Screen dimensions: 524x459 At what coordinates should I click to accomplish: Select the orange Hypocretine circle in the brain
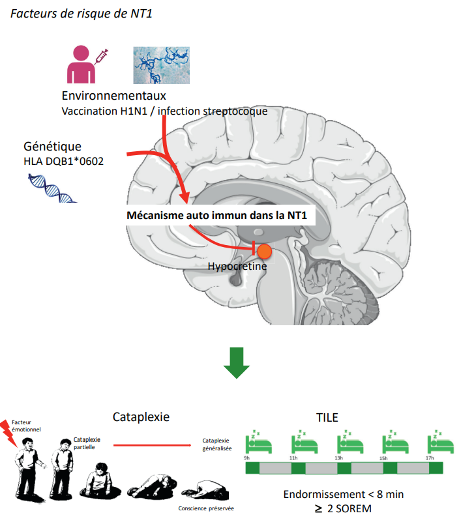(x=264, y=251)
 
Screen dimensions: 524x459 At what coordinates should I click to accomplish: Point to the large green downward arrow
(x=236, y=363)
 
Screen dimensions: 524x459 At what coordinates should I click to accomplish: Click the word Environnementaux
(x=114, y=96)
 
